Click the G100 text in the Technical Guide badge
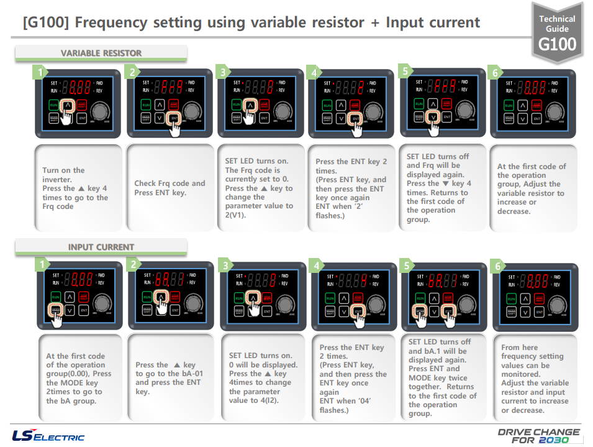pos(557,44)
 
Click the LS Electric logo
pos(48,435)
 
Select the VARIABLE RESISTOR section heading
pos(101,53)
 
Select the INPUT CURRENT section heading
pos(101,247)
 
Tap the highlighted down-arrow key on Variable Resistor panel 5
pos(433,116)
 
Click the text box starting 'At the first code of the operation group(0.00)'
pos(79,378)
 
